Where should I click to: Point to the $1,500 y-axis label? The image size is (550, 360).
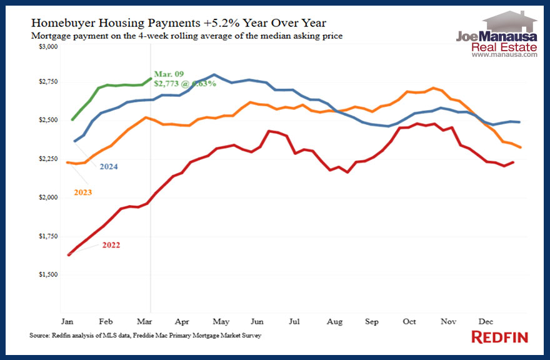49,274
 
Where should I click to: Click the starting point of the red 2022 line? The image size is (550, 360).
69,255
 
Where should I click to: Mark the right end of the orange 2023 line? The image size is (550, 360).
521,147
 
